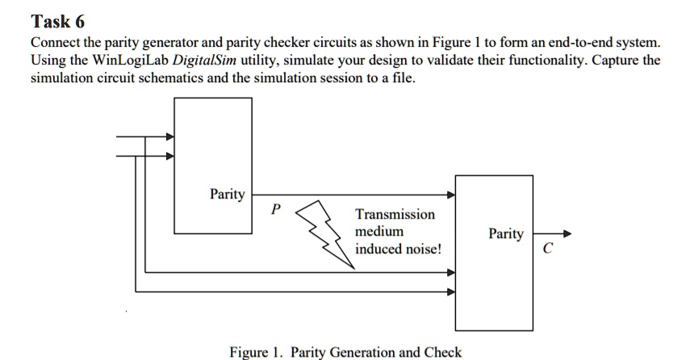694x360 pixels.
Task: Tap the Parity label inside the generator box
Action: [228, 194]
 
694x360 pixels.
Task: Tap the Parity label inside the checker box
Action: [505, 234]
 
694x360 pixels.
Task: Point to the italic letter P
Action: [275, 209]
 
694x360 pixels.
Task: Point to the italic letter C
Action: [547, 249]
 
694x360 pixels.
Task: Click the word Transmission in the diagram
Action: [395, 215]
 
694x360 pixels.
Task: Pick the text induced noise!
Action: [399, 249]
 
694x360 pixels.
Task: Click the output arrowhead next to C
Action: [566, 234]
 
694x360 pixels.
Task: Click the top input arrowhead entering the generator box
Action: [169, 137]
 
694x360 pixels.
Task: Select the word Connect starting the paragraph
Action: [55, 43]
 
